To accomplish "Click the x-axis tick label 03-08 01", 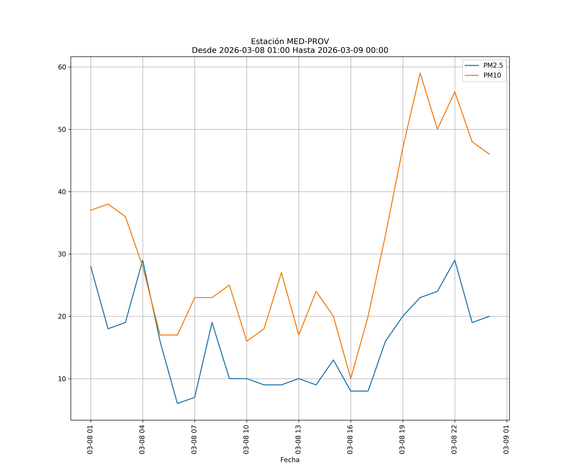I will click(x=90, y=439).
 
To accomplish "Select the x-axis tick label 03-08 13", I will click(x=298, y=439).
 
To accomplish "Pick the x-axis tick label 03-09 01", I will click(x=506, y=439).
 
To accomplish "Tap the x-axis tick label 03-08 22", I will click(x=454, y=439).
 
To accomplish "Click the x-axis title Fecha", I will click(x=290, y=460).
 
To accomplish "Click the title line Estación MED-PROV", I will click(x=290, y=42).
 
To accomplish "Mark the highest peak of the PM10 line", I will click(x=420, y=73).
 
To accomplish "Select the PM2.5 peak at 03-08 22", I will click(x=455, y=260).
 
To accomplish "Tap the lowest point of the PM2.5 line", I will click(x=177, y=404).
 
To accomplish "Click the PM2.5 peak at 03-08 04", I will click(x=143, y=260).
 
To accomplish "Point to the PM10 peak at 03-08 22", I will click(x=455, y=92).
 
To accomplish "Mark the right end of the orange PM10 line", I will click(x=489, y=154).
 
